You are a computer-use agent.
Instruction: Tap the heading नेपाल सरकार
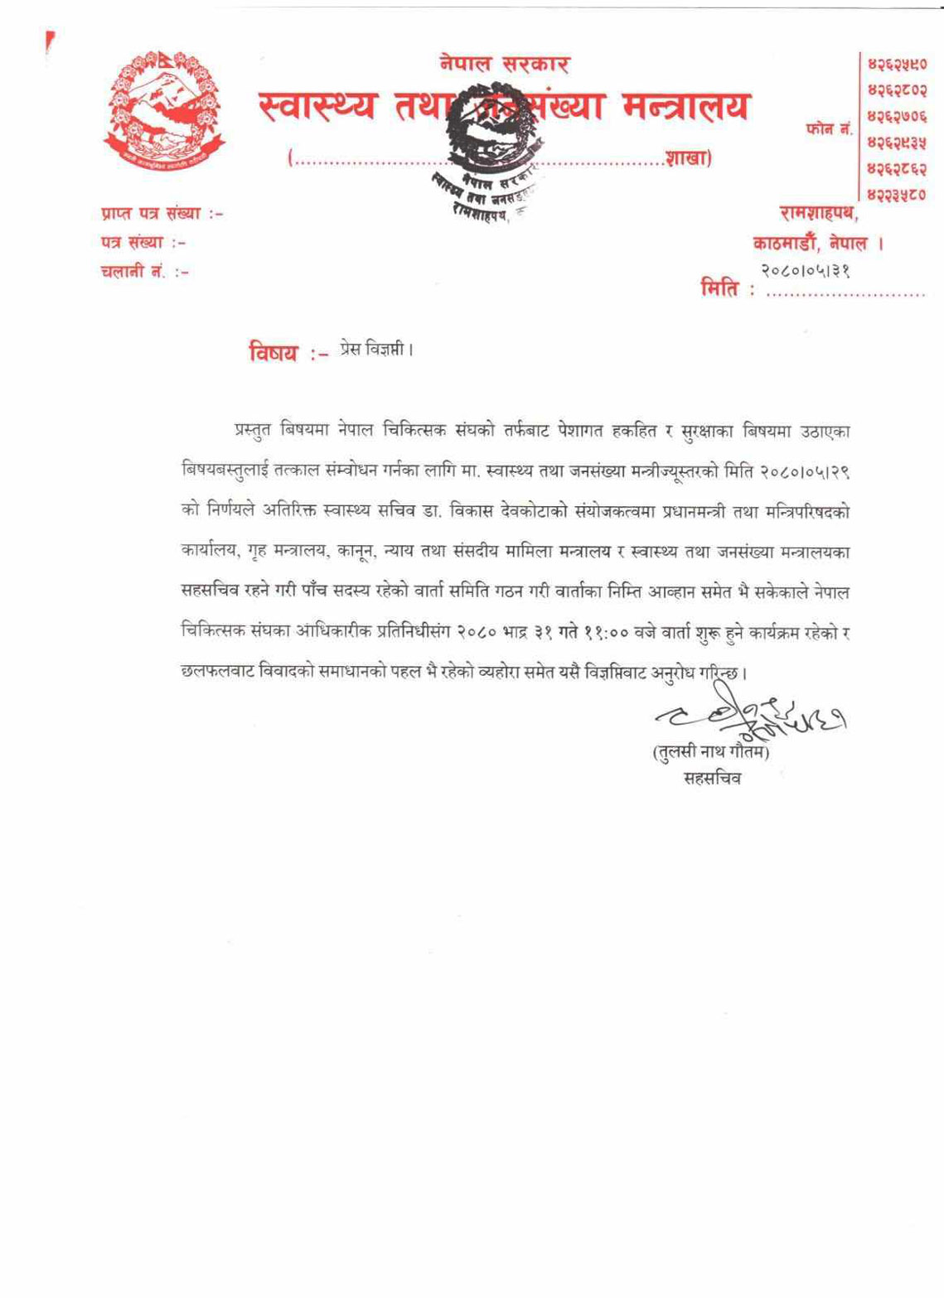click(504, 64)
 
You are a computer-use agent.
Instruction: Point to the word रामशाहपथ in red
click(819, 214)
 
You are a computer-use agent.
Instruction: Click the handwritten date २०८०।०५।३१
click(806, 270)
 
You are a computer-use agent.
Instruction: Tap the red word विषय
click(274, 351)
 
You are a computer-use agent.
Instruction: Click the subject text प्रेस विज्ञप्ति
click(375, 349)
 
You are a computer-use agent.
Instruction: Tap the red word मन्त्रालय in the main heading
click(685, 106)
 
